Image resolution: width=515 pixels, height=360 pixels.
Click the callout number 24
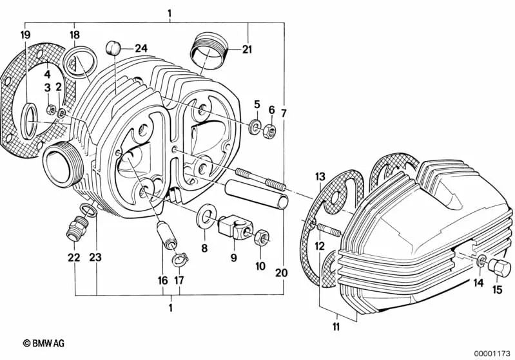pos(141,48)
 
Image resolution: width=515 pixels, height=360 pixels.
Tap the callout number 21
pos(247,49)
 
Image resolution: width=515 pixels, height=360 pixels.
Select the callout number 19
pos(26,35)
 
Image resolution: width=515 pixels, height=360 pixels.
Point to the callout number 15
pos(497,289)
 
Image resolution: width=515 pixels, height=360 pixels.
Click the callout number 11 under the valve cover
pos(336,327)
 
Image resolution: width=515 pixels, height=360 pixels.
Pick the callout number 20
pos(282,272)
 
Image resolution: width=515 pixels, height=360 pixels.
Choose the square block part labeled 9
pos(235,229)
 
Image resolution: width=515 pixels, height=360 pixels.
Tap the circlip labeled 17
pos(180,260)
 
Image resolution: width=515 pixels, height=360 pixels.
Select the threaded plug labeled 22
pos(77,229)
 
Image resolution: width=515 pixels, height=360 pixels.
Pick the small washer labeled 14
pos(480,261)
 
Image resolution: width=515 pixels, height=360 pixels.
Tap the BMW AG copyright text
pos(44,343)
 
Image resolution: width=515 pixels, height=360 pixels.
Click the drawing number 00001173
pos(492,354)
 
